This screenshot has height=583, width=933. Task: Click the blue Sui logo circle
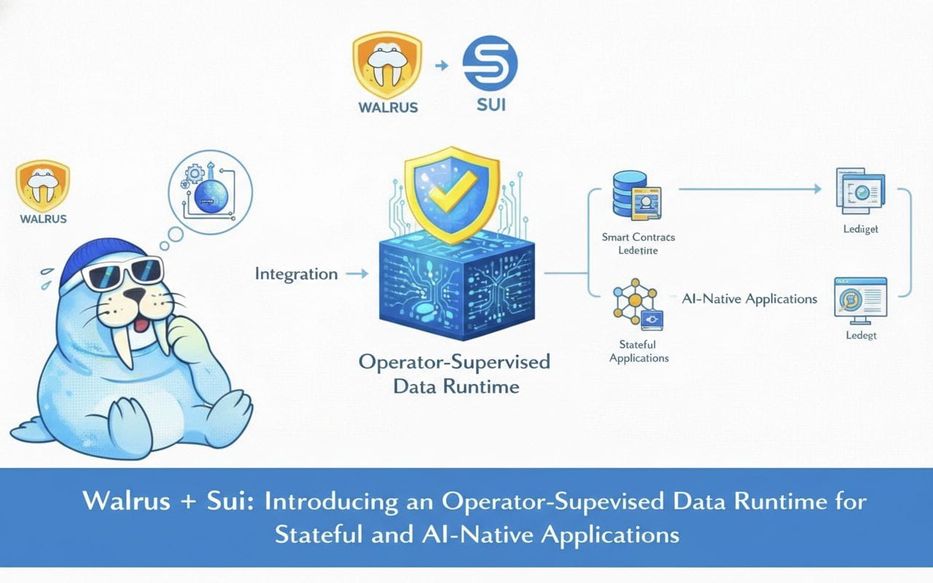490,63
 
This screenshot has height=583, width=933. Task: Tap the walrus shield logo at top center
387,65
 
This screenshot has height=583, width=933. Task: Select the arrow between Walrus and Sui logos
440,66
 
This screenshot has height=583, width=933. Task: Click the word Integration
296,274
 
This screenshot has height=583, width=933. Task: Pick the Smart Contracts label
639,237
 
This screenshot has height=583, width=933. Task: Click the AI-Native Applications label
749,299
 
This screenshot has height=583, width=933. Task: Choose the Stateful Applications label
639,351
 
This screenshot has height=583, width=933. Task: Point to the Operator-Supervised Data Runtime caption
456,373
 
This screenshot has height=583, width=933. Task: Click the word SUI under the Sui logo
491,103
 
